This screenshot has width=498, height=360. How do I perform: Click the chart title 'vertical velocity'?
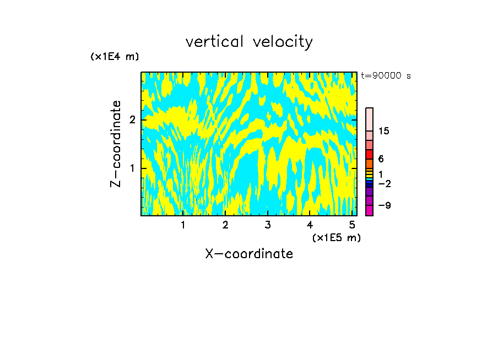pyautogui.click(x=249, y=42)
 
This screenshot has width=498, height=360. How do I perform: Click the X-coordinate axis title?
pyautogui.click(x=249, y=254)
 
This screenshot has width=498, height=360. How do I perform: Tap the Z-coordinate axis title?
pyautogui.click(x=116, y=144)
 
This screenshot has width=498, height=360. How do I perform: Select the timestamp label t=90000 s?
pyautogui.click(x=386, y=76)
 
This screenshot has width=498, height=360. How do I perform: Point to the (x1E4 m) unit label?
pyautogui.click(x=115, y=57)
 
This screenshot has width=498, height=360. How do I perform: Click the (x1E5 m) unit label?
pyautogui.click(x=336, y=237)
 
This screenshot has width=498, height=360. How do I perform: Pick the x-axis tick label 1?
pyautogui.click(x=183, y=225)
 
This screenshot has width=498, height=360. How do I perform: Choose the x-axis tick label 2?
pyautogui.click(x=225, y=225)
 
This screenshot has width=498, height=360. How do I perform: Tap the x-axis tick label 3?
pyautogui.click(x=268, y=225)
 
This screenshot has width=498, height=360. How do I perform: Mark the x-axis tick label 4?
pyautogui.click(x=310, y=225)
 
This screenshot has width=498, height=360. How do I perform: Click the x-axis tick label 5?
pyautogui.click(x=352, y=225)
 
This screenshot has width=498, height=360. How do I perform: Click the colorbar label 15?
pyautogui.click(x=384, y=131)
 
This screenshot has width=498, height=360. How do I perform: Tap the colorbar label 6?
pyautogui.click(x=381, y=159)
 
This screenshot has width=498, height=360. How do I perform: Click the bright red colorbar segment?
pyautogui.click(x=369, y=154)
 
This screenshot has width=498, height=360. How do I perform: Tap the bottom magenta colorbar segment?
pyautogui.click(x=369, y=210)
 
